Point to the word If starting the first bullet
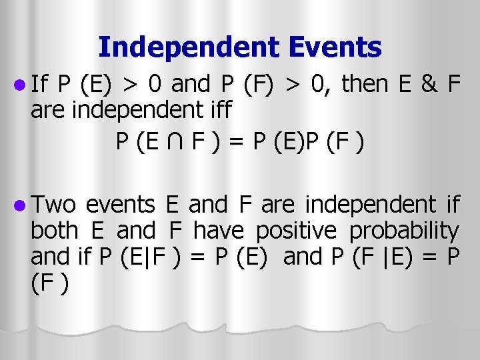click(39, 83)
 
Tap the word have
click(220, 231)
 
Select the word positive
click(297, 231)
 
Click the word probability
click(405, 231)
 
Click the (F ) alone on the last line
click(47, 282)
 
